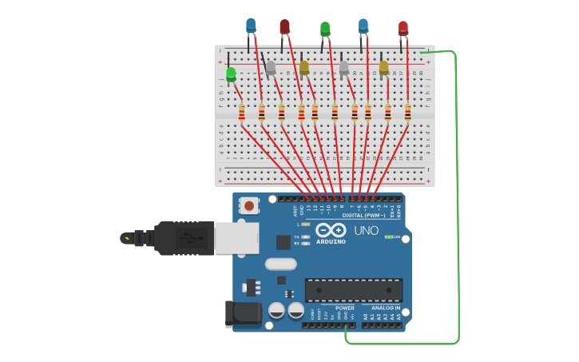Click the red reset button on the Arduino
click(x=249, y=206)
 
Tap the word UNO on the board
click(x=366, y=230)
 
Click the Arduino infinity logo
click(x=331, y=230)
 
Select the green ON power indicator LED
click(x=387, y=237)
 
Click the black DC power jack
click(x=244, y=314)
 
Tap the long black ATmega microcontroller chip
click(x=353, y=290)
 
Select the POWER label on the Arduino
click(x=344, y=308)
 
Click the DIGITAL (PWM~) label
click(x=363, y=215)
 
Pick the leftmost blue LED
click(x=251, y=26)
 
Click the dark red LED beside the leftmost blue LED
click(x=284, y=27)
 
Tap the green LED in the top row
click(x=325, y=30)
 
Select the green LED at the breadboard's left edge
click(x=231, y=75)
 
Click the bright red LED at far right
click(x=403, y=29)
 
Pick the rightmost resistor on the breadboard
click(x=407, y=112)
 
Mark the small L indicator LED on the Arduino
click(x=306, y=225)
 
